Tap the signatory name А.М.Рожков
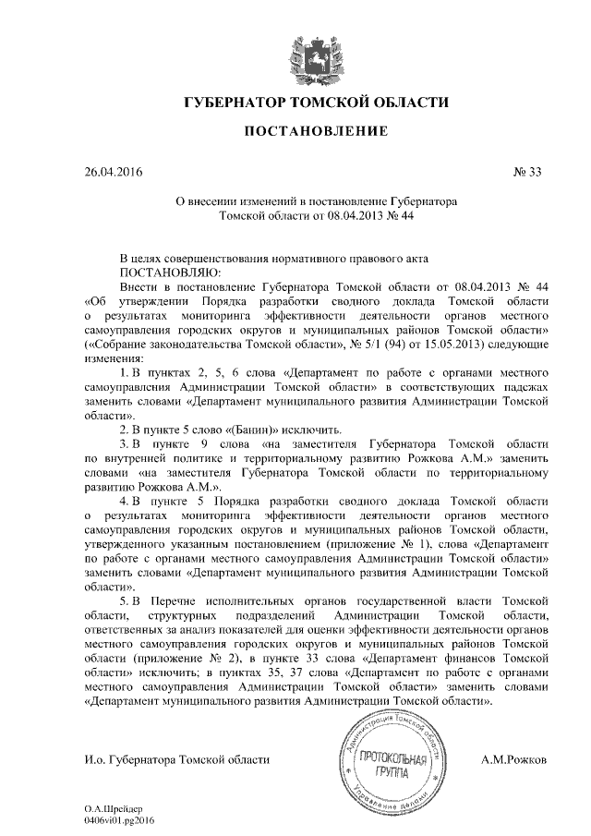(x=515, y=759)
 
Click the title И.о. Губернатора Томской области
(x=176, y=759)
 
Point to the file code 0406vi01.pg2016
(x=119, y=819)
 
